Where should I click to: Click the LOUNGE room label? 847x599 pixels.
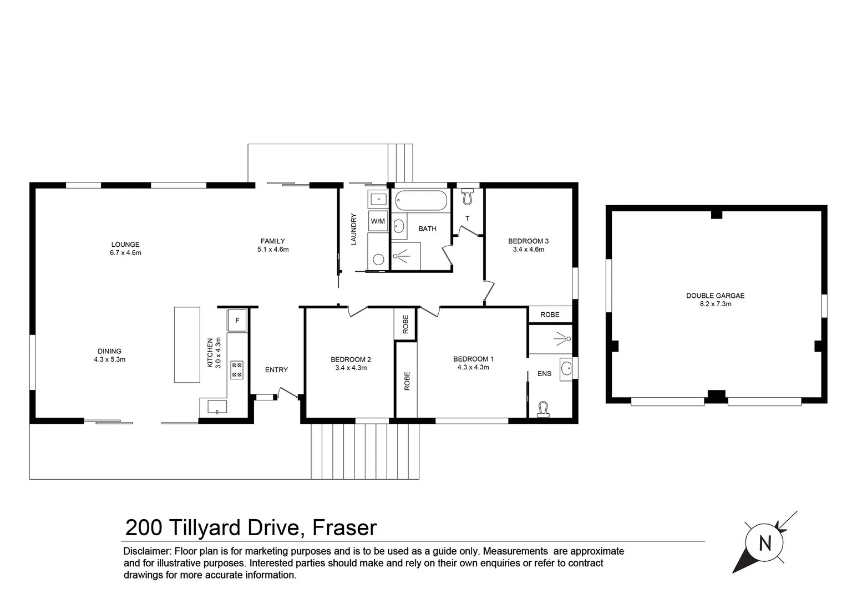(x=125, y=245)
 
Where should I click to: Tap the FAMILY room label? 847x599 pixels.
(x=272, y=241)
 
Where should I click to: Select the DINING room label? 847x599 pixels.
(x=109, y=351)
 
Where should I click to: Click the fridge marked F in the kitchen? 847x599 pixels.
(x=237, y=321)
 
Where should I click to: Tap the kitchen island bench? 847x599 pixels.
(x=187, y=344)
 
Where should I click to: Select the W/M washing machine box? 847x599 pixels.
(x=378, y=221)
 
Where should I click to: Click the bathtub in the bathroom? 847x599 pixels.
(x=421, y=201)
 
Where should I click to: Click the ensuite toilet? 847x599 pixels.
(x=543, y=409)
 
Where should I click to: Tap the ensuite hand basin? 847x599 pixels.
(x=566, y=368)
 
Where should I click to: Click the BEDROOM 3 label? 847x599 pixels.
(x=528, y=241)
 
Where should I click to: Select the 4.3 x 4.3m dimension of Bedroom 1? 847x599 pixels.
(x=473, y=367)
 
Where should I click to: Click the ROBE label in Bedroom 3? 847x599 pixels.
(x=550, y=314)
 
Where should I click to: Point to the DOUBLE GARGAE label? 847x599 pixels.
(x=715, y=296)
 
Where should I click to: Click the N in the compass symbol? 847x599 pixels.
(x=765, y=542)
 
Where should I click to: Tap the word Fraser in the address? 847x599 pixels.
(x=344, y=528)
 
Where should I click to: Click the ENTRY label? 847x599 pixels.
(x=276, y=370)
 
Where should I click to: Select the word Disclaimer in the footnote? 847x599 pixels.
(x=146, y=551)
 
